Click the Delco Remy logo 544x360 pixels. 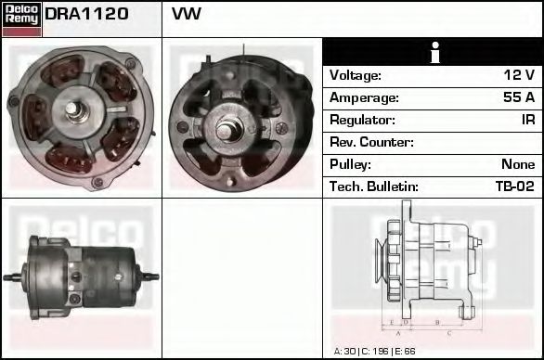coord(21,18)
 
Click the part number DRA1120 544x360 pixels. coord(87,15)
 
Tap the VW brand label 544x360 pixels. coord(187,15)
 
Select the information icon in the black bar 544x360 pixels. coord(433,52)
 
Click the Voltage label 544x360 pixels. coord(356,75)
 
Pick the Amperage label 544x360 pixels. coord(364,97)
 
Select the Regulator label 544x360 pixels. coord(362,120)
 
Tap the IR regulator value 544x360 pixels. coord(527,120)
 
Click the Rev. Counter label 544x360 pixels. coord(371,142)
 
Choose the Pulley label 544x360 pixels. coord(350,164)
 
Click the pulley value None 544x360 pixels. coord(517,164)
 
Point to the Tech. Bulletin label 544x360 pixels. coord(373,186)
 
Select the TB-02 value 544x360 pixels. coord(515,186)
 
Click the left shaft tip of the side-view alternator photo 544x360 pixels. coord(8,276)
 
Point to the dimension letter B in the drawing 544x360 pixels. coord(436,322)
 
